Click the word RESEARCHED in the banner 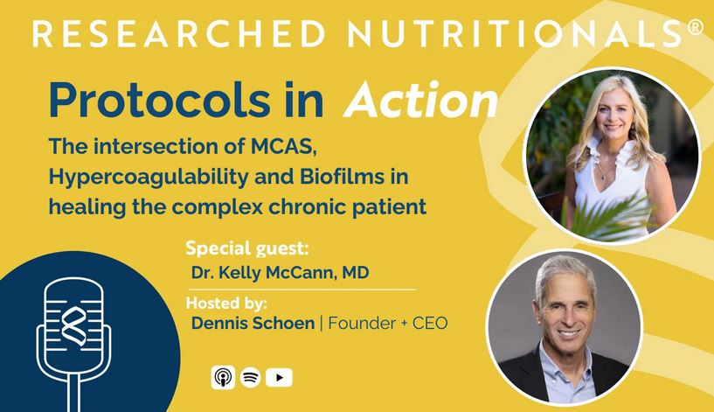[179, 33]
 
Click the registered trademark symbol [696, 27]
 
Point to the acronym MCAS [283, 146]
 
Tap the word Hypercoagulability [149, 177]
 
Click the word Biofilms [342, 177]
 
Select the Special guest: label [247, 248]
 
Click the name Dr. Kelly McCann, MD [280, 273]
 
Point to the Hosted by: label [226, 303]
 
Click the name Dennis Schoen [253, 323]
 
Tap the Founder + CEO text [388, 323]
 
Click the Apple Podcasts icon [223, 377]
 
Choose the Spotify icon [250, 377]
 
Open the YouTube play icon [279, 377]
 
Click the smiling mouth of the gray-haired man [570, 332]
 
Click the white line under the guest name [302, 290]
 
